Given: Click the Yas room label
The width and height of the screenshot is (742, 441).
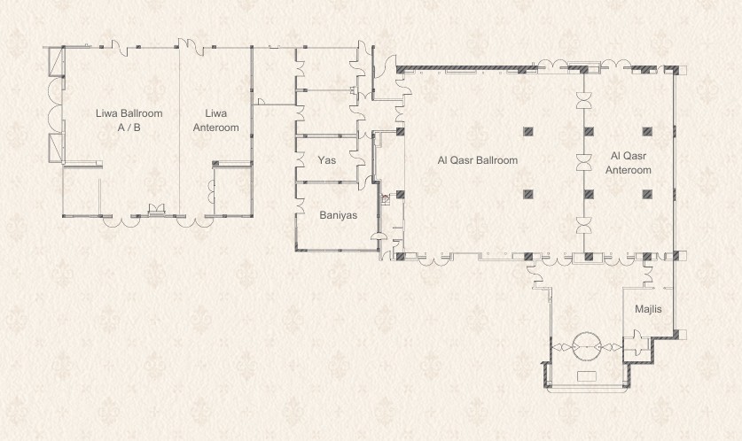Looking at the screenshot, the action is click(327, 160).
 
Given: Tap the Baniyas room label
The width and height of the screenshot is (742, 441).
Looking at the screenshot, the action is click(339, 215).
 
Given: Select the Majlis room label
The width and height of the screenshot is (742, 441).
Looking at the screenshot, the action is click(648, 309).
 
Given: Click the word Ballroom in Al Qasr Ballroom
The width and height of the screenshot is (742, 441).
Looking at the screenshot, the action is click(497, 160).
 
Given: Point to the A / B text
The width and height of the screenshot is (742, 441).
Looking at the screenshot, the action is click(129, 128).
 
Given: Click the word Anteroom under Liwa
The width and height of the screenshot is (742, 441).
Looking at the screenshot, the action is click(215, 128).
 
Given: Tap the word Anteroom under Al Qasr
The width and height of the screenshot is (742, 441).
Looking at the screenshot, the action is click(629, 170).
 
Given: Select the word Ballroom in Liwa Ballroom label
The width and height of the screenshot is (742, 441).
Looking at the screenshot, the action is click(142, 113).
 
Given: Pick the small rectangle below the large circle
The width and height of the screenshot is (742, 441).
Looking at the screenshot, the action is click(587, 376).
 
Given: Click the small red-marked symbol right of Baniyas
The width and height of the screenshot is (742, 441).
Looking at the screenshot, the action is click(386, 199).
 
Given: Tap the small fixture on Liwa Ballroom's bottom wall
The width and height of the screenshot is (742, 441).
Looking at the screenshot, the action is click(156, 209).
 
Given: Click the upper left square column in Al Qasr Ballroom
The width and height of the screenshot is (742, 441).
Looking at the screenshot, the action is click(528, 131).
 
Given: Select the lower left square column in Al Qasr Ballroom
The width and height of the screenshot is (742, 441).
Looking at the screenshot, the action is click(528, 194).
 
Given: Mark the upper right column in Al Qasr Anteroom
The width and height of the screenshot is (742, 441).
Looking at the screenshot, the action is click(647, 131).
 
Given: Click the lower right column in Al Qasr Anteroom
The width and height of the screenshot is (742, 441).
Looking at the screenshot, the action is click(647, 194).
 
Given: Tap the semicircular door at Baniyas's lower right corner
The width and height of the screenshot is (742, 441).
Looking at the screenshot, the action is click(376, 236).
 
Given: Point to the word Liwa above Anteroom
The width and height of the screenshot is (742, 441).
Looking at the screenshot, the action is click(215, 113).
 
